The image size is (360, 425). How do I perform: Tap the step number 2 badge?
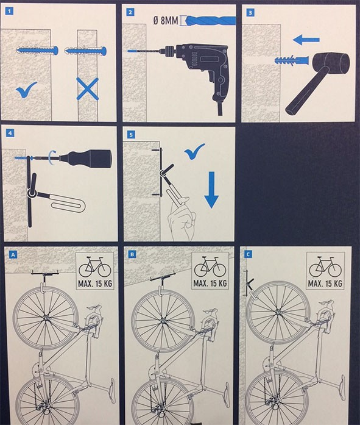131,12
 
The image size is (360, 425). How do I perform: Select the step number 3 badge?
250,12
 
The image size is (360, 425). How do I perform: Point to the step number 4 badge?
10,133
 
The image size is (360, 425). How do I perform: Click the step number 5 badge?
132,134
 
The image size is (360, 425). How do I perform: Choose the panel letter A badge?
13,254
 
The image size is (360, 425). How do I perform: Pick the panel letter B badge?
132,254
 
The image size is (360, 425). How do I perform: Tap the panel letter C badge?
248,254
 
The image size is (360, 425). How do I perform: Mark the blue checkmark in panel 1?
26,90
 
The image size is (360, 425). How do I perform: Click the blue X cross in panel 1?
88,88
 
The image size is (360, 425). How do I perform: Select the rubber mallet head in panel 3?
331,63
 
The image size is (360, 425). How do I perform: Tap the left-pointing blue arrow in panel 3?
306,40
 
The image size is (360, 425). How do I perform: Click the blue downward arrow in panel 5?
211,190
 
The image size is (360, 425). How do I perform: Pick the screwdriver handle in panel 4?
91,159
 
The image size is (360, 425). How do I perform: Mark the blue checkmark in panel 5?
194,151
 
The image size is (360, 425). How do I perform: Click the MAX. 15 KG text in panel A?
95,284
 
